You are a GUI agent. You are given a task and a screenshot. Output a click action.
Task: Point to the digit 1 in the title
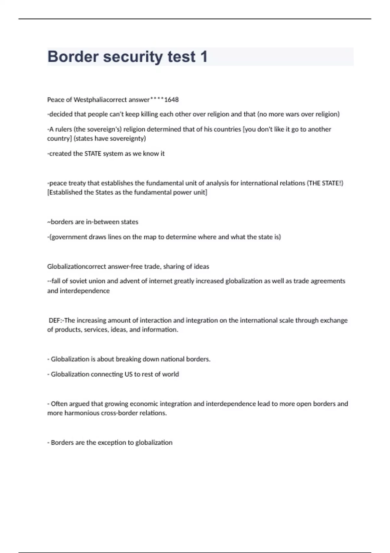[204, 57]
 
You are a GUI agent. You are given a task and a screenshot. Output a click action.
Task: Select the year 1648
[171, 100]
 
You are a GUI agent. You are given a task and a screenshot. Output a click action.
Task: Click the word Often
[59, 404]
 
